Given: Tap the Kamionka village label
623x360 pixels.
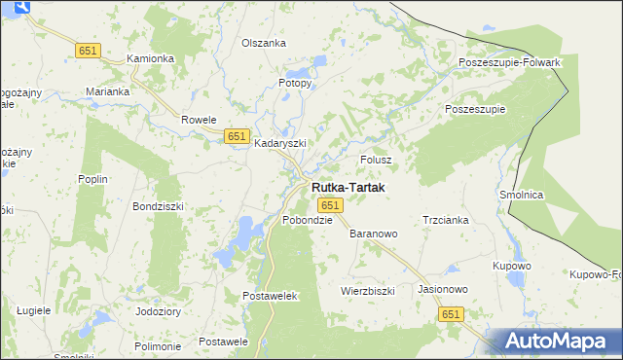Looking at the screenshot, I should [151, 58].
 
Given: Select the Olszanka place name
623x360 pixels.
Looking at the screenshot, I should [264, 43].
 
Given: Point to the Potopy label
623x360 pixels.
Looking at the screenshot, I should [295, 83].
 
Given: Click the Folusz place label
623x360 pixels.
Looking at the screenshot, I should [376, 159].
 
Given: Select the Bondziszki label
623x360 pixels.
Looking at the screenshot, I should [158, 206].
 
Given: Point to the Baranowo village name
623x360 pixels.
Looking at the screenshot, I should [374, 234].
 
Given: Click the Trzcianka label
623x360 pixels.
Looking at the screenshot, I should [446, 220].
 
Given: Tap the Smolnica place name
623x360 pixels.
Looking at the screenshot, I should [521, 195].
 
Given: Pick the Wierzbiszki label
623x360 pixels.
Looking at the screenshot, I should [367, 290].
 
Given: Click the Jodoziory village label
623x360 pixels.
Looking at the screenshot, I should [159, 311].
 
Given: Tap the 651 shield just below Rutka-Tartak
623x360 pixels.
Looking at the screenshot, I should [330, 205].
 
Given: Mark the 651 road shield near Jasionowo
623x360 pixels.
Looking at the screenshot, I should [450, 314].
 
